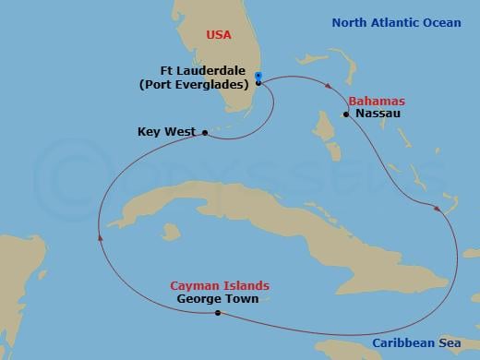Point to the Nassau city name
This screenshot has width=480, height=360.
(378, 114)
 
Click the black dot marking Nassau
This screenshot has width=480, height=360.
(346, 114)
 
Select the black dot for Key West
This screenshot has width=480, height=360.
(204, 133)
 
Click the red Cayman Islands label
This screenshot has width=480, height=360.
(213, 285)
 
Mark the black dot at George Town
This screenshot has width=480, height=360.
(218, 313)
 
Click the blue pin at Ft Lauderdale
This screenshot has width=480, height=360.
(258, 77)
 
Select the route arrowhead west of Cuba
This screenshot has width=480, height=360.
(99, 238)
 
